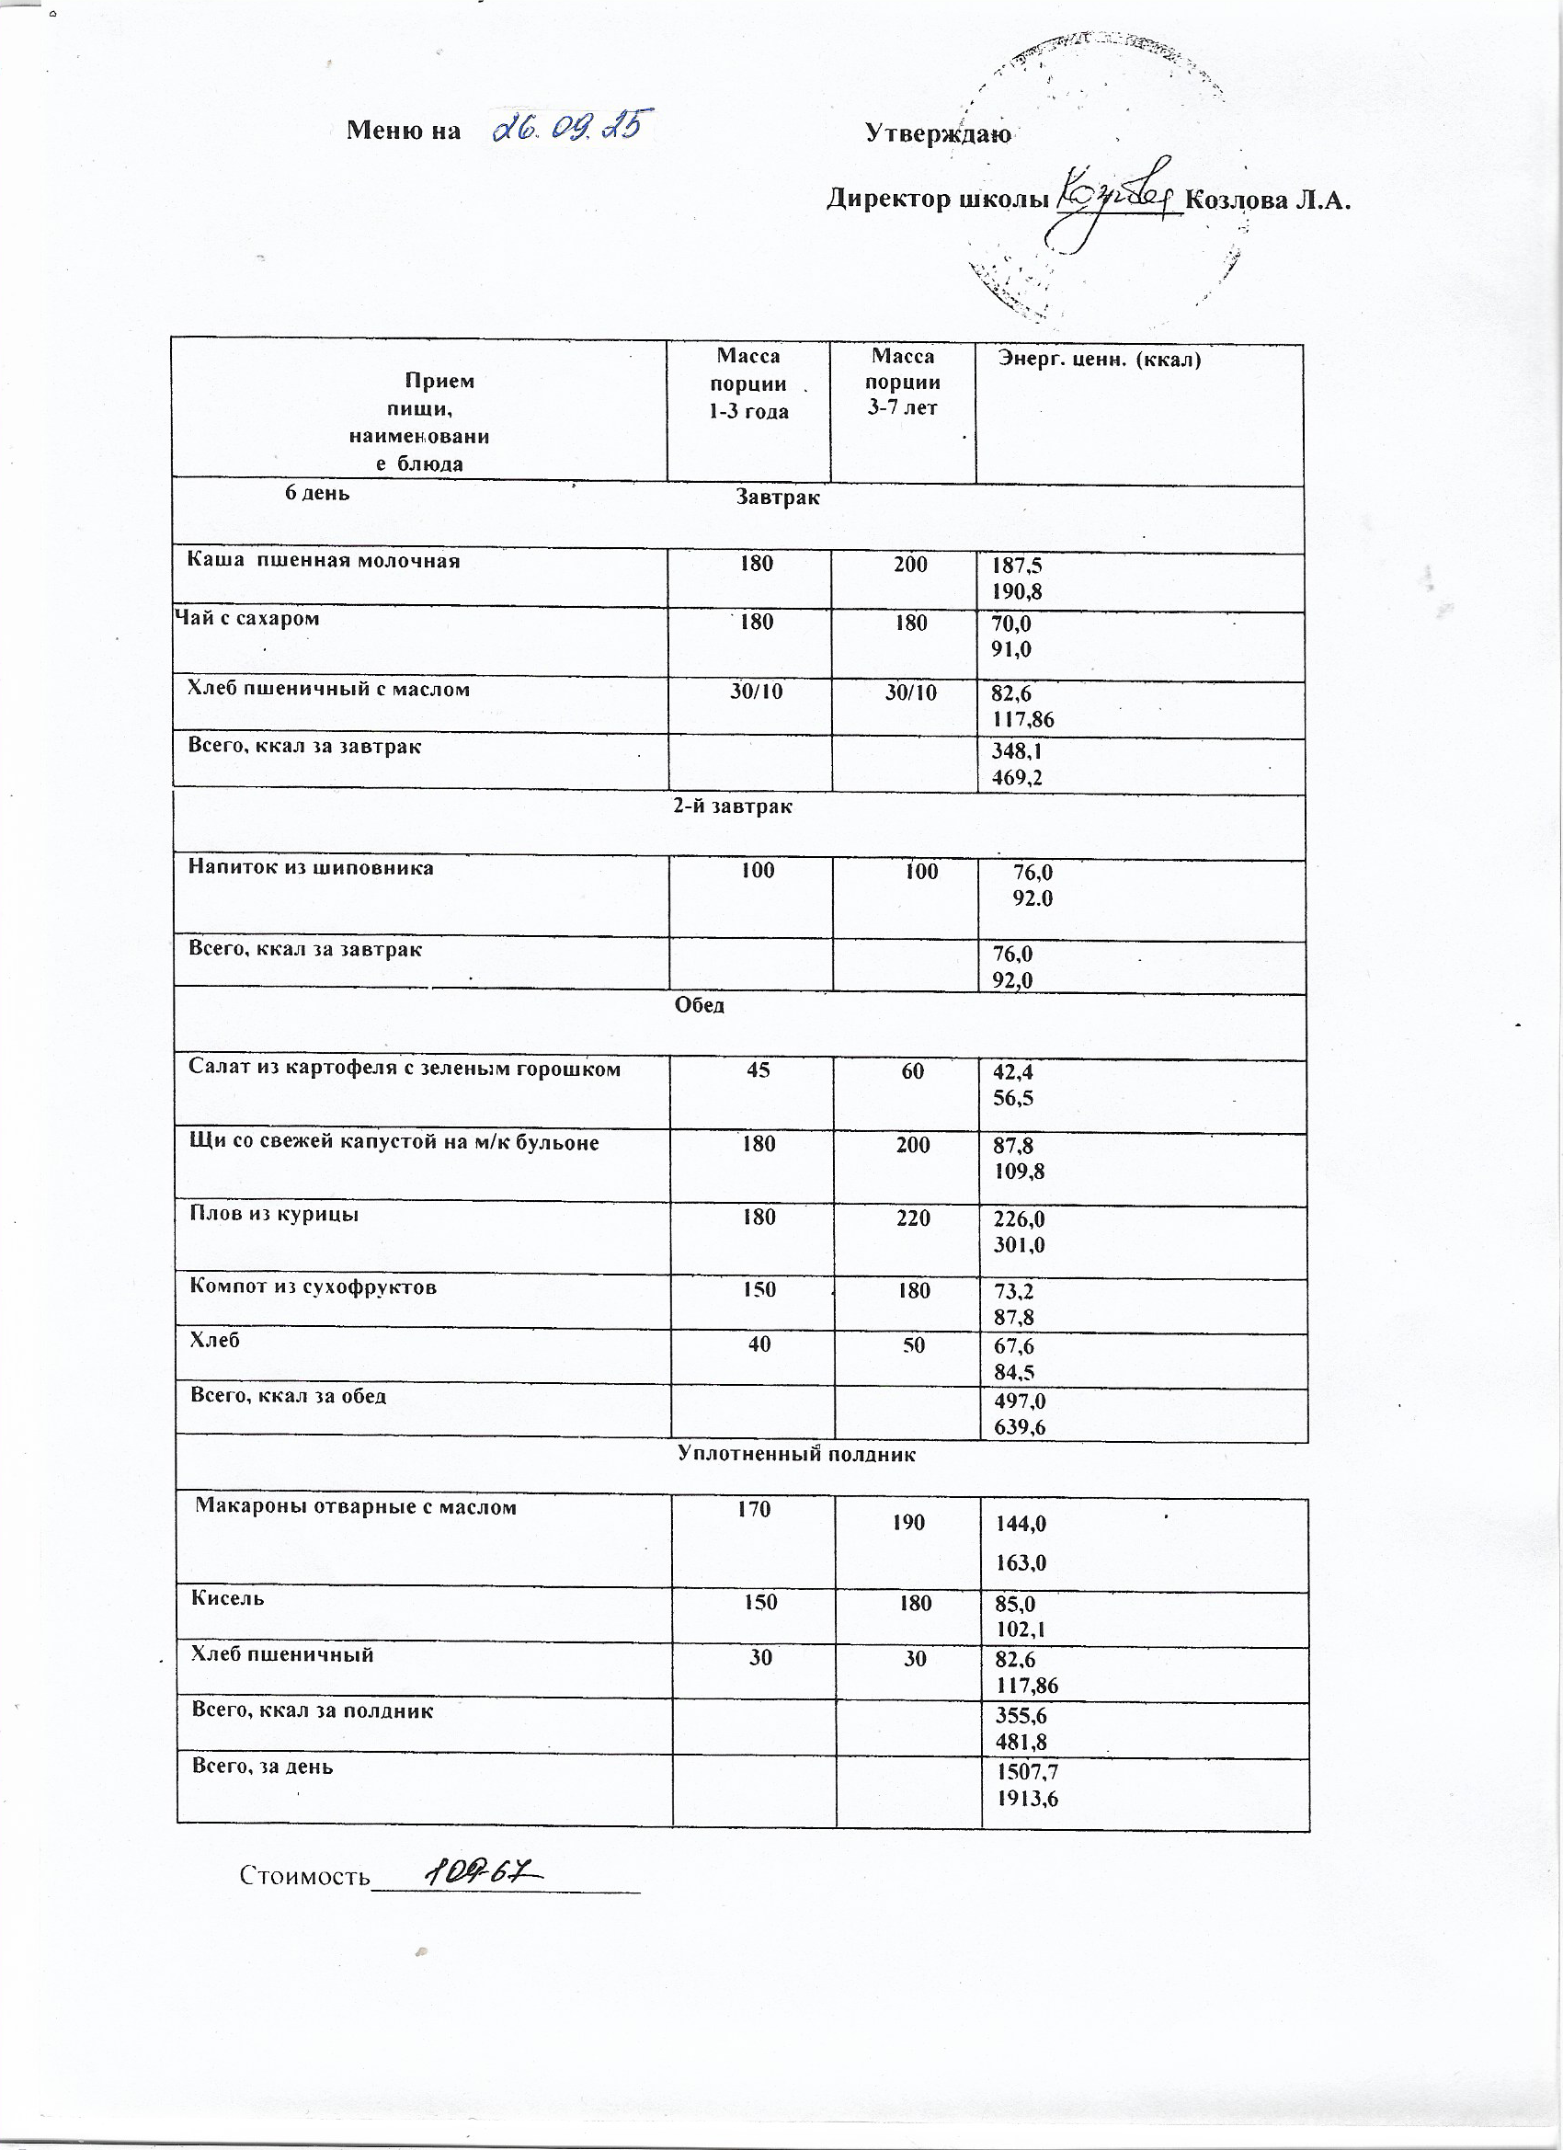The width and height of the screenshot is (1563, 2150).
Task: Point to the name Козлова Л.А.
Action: tap(1266, 200)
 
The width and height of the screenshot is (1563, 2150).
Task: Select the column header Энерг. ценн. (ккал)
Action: tap(1100, 360)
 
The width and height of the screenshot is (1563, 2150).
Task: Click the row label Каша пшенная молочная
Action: tap(324, 560)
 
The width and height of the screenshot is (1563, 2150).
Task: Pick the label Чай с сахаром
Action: tap(248, 619)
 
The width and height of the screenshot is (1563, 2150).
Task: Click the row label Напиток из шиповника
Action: tap(311, 867)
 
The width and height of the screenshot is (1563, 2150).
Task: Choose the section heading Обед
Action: tap(700, 1006)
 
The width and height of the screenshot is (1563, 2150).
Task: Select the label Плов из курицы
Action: tap(275, 1215)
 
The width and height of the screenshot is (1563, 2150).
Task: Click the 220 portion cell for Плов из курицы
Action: tap(912, 1218)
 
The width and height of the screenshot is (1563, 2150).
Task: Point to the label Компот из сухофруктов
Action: tap(314, 1287)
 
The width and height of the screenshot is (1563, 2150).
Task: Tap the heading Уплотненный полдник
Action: tap(796, 1454)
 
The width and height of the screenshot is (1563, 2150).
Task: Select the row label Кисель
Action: tap(228, 1598)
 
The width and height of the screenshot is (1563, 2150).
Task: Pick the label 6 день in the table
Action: tap(317, 493)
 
